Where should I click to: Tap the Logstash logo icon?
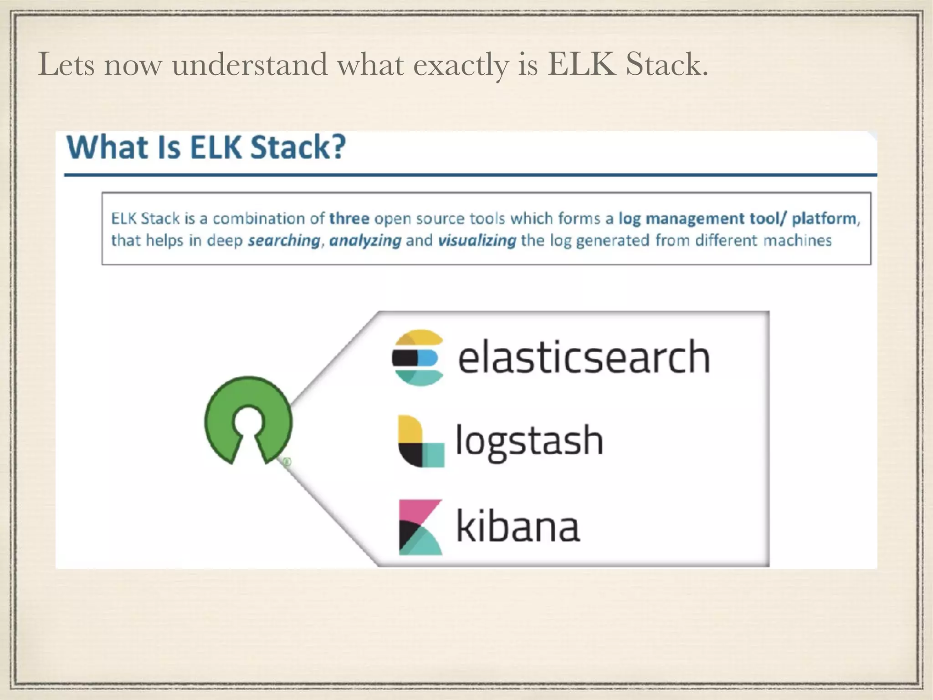pos(420,441)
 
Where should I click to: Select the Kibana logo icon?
pos(420,527)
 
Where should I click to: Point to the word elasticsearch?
pos(584,357)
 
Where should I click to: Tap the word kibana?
pos(518,526)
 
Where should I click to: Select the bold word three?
pos(349,219)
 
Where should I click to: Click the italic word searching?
pos(284,240)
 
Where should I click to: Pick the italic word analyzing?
pos(365,240)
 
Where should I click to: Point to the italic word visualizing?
pos(477,240)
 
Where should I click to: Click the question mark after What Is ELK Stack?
pos(338,147)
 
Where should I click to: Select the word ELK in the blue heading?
pos(216,147)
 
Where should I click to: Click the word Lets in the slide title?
pos(67,64)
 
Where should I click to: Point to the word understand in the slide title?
pos(250,64)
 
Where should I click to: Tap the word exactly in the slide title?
pos(461,65)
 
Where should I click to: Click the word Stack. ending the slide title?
pos(666,64)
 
